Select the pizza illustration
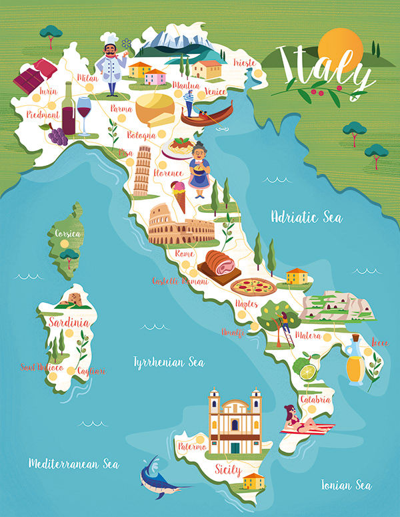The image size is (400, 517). pyautogui.click(x=253, y=287)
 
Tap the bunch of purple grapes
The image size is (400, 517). pyautogui.click(x=57, y=135)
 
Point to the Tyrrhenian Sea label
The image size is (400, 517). pyautogui.click(x=169, y=362)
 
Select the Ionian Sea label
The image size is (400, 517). pyautogui.click(x=346, y=484)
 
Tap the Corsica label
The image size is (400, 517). pyautogui.click(x=69, y=234)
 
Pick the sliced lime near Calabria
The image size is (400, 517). pyautogui.click(x=307, y=370)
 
